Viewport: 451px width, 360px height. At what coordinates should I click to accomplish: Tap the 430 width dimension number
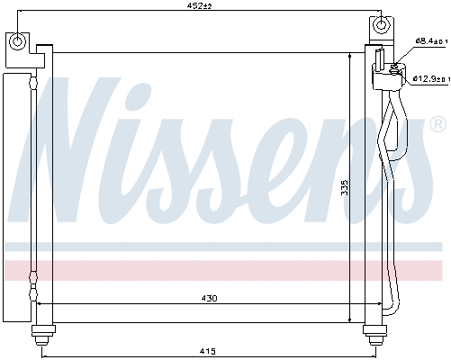click(208, 298)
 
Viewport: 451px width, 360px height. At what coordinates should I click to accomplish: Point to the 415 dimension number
click(206, 350)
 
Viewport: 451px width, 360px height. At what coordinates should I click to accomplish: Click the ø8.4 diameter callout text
click(428, 41)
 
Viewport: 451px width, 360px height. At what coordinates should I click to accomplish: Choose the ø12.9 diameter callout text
click(430, 78)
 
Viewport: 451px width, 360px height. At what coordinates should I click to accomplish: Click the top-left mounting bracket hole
click(18, 42)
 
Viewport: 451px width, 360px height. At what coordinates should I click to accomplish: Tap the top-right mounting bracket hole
click(382, 24)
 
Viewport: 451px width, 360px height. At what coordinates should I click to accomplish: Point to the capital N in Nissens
click(81, 148)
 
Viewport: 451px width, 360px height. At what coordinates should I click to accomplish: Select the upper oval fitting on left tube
click(34, 84)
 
